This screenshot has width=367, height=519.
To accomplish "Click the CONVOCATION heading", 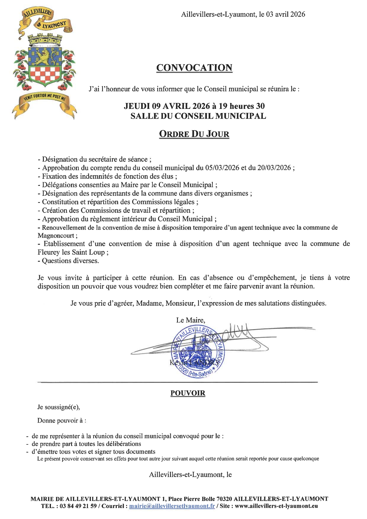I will click(194, 68).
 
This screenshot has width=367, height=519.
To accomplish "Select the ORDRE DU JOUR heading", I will click(194, 134).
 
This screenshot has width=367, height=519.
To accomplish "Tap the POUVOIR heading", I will click(188, 393).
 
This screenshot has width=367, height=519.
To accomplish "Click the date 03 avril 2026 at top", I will click(286, 14).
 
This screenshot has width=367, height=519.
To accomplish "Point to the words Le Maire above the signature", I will click(191, 320).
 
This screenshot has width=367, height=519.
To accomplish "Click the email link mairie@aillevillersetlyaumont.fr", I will click(172, 506).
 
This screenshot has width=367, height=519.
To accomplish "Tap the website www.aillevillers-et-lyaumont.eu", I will click(276, 506).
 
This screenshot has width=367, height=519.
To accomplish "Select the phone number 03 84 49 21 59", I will click(78, 506).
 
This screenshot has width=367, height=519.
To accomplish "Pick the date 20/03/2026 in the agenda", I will click(274, 168).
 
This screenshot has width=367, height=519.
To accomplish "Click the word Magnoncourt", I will click(56, 236).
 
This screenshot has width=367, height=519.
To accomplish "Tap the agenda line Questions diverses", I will click(70, 261).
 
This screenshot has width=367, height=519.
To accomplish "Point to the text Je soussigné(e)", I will click(59, 407).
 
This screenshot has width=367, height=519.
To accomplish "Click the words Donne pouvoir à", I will click(62, 420).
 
